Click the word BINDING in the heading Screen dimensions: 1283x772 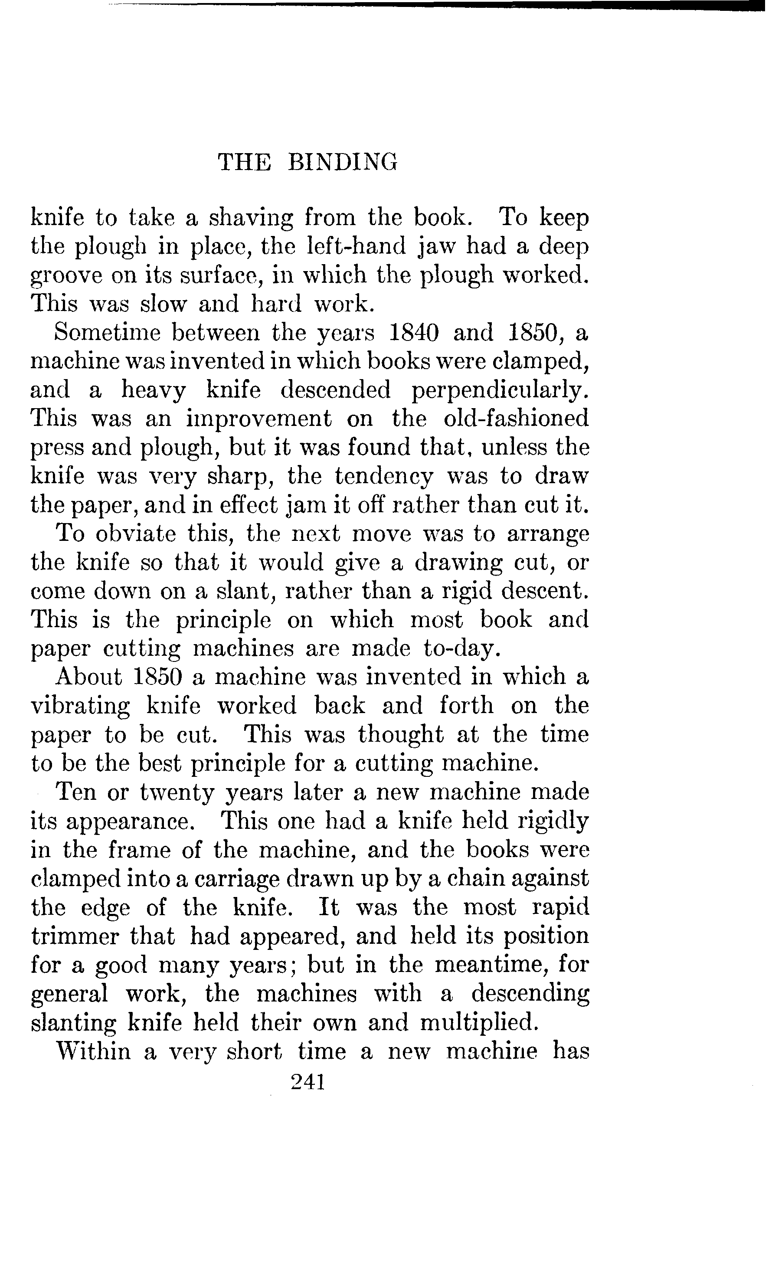(x=342, y=162)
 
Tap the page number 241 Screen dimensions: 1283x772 (x=308, y=1082)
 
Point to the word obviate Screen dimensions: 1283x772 (x=136, y=533)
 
